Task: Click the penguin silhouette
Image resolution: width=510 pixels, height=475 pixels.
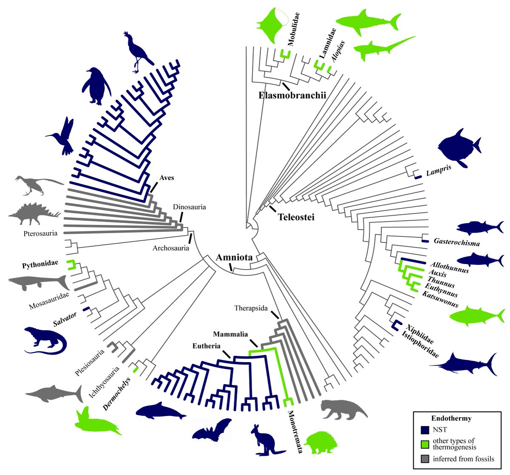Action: [x=96, y=86]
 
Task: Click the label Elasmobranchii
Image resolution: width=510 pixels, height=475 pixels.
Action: [x=292, y=96]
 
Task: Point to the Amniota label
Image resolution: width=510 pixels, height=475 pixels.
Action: [x=234, y=257]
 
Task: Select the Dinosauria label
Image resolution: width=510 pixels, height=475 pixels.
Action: [x=189, y=207]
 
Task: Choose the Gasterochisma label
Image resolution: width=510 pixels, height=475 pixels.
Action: [x=457, y=243]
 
